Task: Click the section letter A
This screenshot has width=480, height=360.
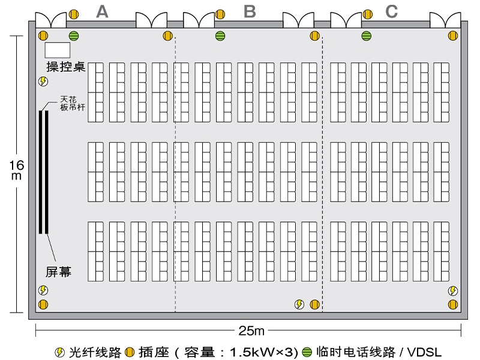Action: (x=103, y=11)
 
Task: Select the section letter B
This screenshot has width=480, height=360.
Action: (x=250, y=11)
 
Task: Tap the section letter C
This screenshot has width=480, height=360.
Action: (x=391, y=11)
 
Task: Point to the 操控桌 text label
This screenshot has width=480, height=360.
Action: (x=65, y=67)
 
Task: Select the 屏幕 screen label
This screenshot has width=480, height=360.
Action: (x=59, y=272)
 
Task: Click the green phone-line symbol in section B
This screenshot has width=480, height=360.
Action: (x=220, y=36)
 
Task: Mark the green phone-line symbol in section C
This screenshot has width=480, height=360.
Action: (x=366, y=36)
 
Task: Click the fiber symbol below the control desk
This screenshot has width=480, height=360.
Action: (x=43, y=82)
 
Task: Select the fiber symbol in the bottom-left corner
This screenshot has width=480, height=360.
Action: (x=43, y=290)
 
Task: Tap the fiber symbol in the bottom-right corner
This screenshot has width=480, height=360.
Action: (x=453, y=291)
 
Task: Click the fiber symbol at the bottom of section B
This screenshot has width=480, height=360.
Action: (x=299, y=305)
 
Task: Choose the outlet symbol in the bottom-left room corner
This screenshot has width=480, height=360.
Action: (x=43, y=305)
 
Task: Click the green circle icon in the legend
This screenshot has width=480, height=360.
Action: (x=307, y=352)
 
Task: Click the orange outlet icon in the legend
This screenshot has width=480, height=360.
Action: (x=130, y=352)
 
